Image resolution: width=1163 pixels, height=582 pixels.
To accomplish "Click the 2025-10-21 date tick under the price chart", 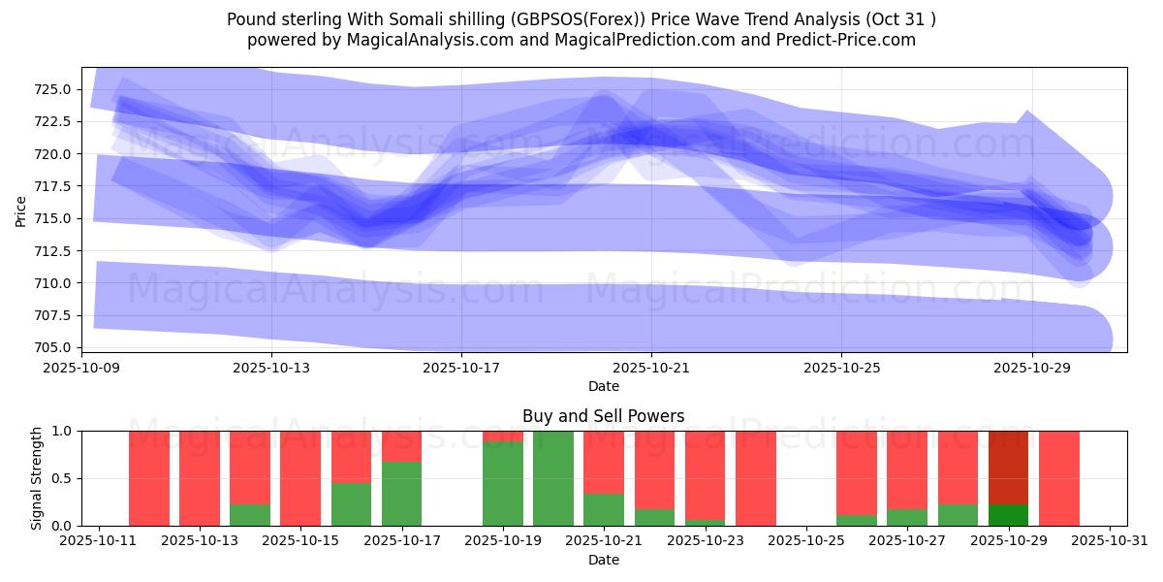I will click(x=651, y=368).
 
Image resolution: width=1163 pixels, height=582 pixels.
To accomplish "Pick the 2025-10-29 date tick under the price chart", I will click(x=1031, y=368).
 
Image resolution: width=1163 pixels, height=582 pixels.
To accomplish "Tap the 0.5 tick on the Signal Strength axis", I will click(x=63, y=478).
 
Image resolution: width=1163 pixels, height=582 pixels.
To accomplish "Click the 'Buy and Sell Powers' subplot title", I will click(x=603, y=416).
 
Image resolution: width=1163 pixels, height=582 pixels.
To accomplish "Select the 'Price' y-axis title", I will click(x=21, y=210).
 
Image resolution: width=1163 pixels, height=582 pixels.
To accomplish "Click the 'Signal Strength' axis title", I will click(x=36, y=478).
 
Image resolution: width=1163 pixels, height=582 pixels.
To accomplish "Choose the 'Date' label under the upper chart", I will click(x=603, y=386).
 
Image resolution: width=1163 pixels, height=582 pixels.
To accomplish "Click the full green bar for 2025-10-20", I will click(x=553, y=478).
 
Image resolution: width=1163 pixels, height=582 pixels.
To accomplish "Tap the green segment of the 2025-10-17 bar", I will click(x=401, y=494).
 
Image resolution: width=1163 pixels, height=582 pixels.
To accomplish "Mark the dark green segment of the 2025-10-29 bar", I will click(x=1009, y=515).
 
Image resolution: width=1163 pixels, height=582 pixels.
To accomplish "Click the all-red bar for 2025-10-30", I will click(x=1059, y=478).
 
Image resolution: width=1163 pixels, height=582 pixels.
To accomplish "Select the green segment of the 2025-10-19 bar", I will click(x=503, y=484).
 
